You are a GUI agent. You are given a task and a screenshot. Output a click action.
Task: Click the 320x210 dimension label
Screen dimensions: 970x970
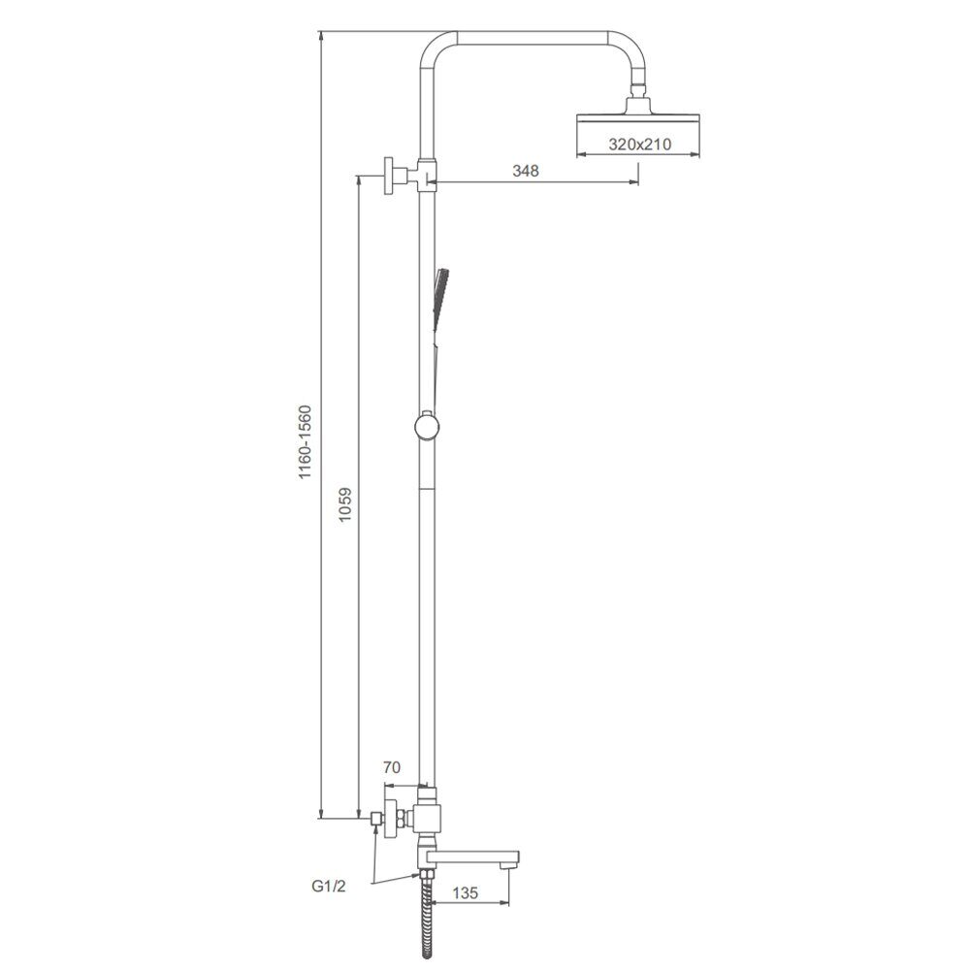point(639,145)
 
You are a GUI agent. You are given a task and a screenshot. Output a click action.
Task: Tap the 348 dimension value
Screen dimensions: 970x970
point(525,171)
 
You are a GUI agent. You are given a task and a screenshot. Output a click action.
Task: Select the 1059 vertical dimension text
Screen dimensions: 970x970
point(345,504)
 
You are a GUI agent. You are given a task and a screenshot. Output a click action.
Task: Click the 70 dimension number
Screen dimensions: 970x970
point(392,767)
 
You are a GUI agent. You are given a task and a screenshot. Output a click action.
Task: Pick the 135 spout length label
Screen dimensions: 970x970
point(466,893)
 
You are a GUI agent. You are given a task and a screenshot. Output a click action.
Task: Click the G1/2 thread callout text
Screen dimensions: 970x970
point(329,887)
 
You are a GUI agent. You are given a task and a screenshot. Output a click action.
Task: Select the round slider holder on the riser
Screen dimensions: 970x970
point(427,426)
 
